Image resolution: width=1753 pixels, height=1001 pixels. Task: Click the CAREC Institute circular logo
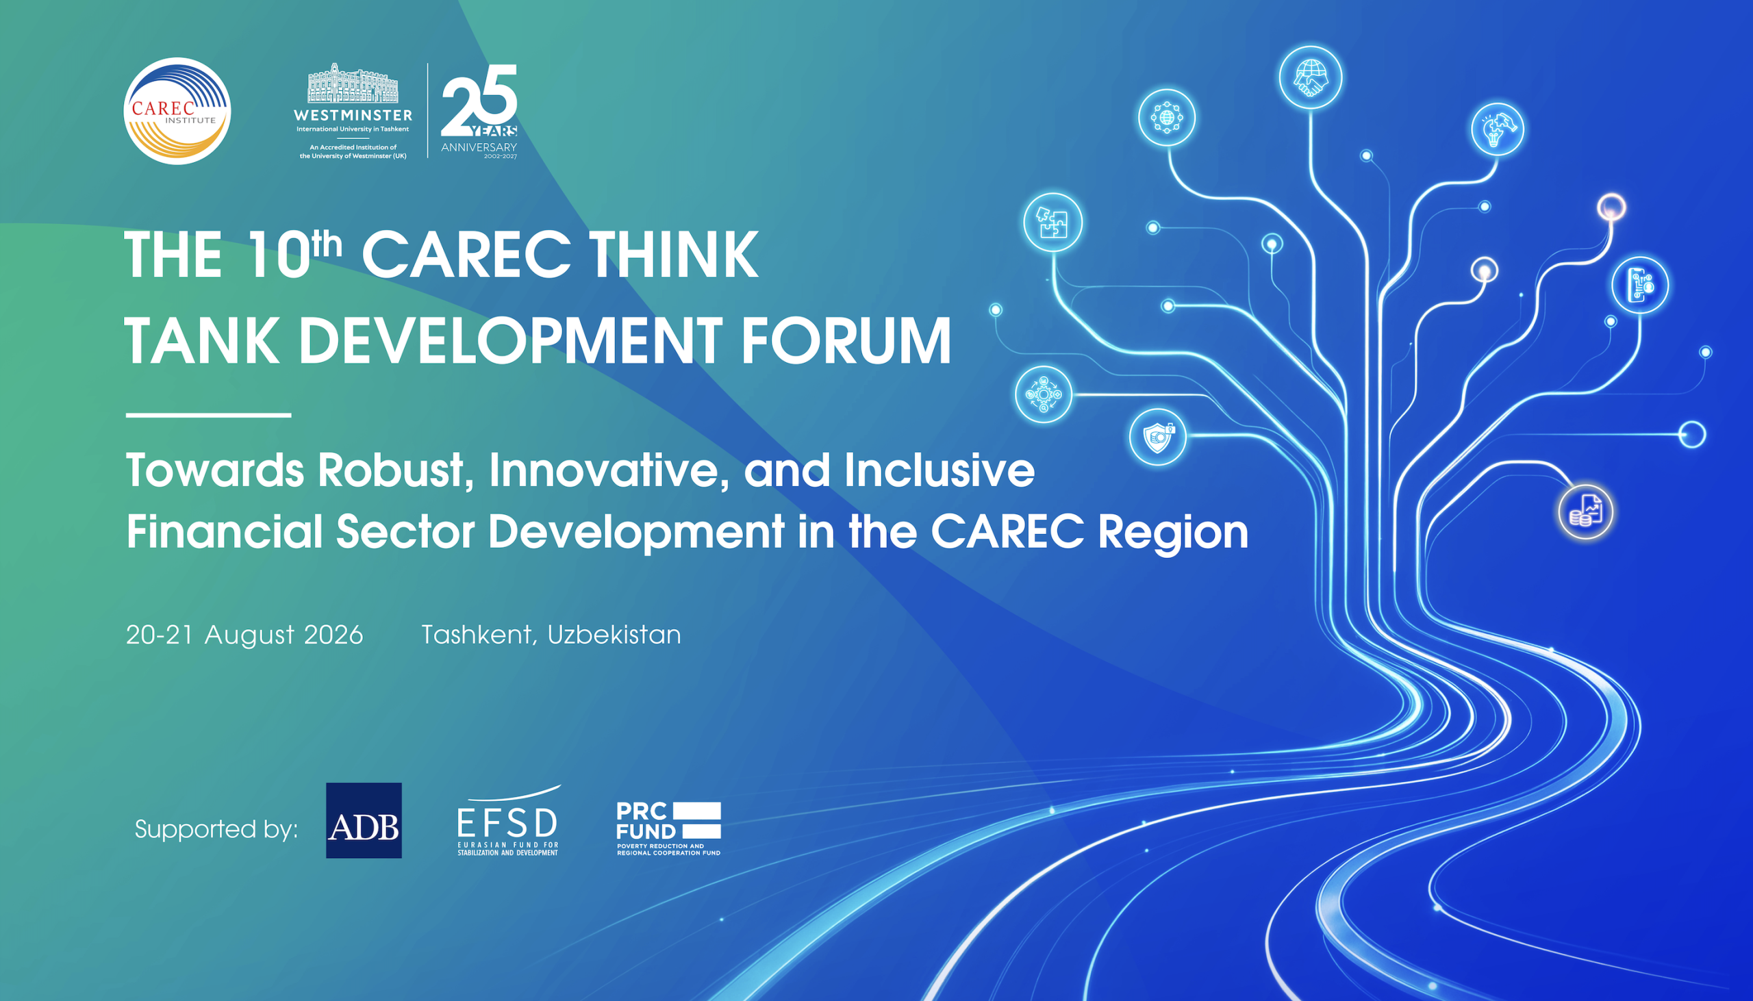point(177,111)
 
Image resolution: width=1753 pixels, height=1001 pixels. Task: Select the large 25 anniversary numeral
point(479,100)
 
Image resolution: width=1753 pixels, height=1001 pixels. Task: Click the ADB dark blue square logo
point(364,820)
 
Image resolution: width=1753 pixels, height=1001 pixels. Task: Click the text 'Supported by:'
point(216,829)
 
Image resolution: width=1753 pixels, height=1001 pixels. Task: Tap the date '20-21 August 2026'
point(244,635)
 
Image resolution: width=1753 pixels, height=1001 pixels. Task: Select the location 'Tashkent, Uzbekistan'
point(551,635)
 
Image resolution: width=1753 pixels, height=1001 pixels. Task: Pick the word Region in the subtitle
point(1173,533)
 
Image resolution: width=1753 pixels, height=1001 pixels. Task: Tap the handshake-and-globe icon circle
point(1310,77)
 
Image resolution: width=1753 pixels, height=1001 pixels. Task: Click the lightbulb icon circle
point(1498,129)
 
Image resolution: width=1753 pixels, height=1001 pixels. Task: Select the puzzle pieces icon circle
point(1052,222)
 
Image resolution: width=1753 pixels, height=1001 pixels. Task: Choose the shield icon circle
point(1158,437)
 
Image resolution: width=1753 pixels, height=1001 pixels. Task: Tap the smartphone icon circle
point(1640,285)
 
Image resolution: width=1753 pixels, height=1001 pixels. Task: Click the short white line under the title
point(208,415)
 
